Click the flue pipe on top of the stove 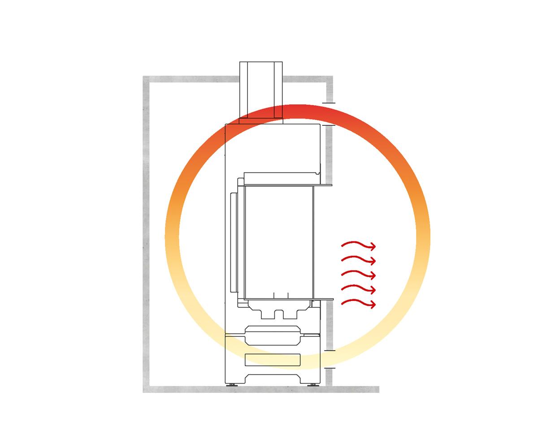point(261,90)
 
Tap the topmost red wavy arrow point(358,245)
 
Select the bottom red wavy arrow point(358,304)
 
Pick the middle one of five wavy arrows point(358,274)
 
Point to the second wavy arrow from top point(358,260)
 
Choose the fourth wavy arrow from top point(358,289)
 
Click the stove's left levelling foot point(232,384)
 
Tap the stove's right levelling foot point(312,384)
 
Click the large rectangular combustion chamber point(279,242)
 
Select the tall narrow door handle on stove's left point(232,242)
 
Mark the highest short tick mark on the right point(329,103)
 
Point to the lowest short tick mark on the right point(330,368)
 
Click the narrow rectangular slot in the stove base point(273,359)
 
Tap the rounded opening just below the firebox point(272,335)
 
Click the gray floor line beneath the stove point(269,389)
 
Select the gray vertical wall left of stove point(146,233)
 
